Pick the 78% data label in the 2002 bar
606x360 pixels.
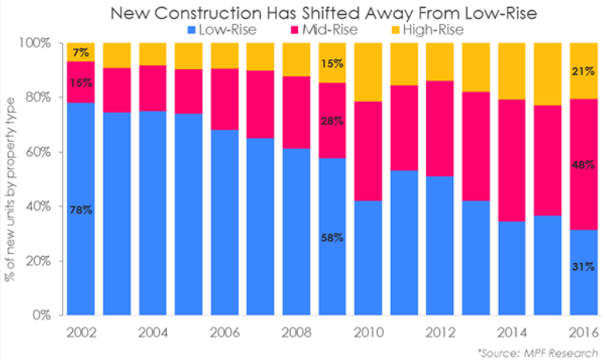tap(81, 209)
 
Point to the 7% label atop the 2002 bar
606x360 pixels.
tap(81, 53)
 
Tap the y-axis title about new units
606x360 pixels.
tap(11, 178)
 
